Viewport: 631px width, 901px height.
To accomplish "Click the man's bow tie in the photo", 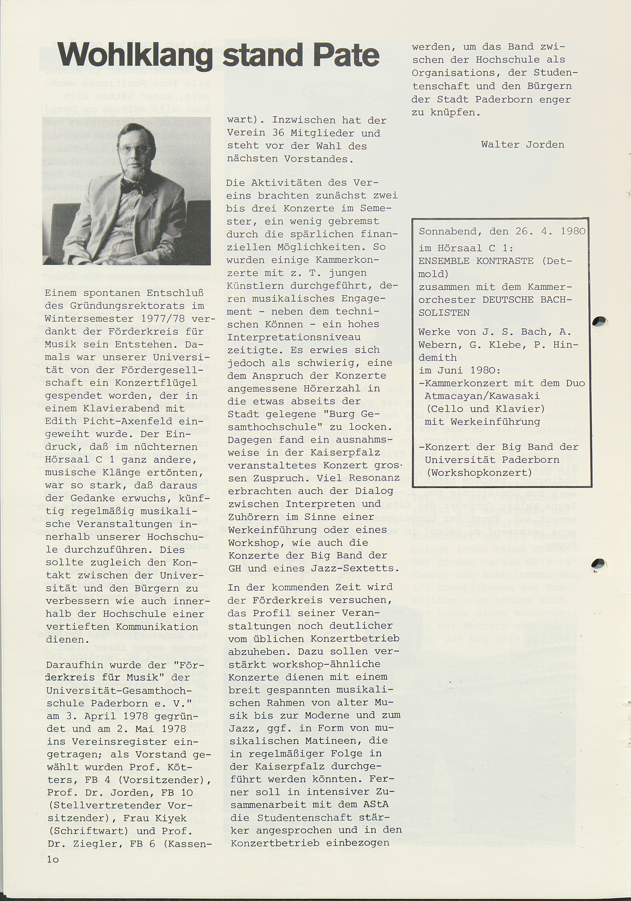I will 132,187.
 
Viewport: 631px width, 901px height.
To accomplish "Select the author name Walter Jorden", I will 523,145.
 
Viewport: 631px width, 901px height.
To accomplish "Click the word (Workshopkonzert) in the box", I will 479,472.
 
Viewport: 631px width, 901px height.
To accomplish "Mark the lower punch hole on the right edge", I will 599,564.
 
